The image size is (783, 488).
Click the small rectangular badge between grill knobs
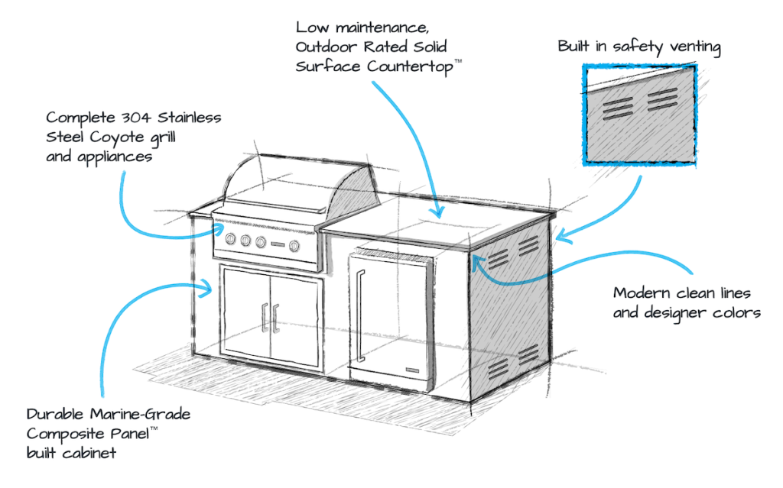tap(278, 244)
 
